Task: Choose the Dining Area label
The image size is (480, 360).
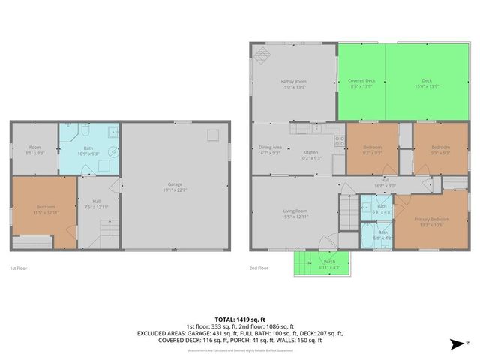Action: [270, 150]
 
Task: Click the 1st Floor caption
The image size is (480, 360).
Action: [19, 268]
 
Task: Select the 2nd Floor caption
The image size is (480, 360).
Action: [260, 268]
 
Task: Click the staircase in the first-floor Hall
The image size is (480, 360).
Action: [108, 229]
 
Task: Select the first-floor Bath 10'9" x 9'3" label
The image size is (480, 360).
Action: [88, 151]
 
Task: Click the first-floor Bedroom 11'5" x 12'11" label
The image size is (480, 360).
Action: [44, 211]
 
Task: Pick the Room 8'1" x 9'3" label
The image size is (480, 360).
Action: [34, 151]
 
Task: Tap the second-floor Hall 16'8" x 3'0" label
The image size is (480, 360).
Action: [384, 182]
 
